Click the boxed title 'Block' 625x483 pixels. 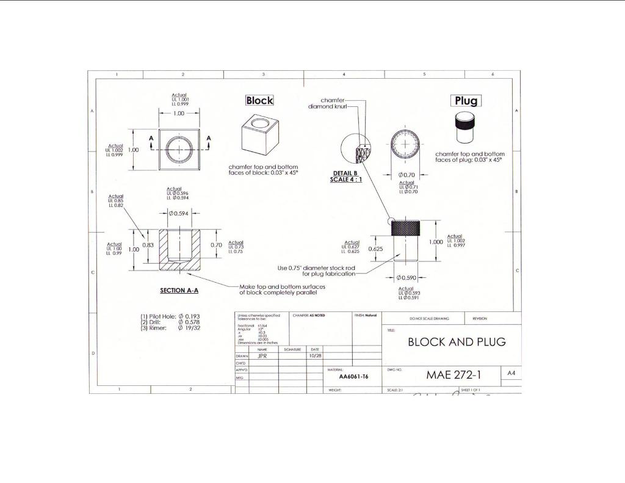tap(259, 101)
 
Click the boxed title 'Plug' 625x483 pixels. tap(466, 101)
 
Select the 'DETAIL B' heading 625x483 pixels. tap(345, 173)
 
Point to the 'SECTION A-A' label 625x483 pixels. tap(179, 291)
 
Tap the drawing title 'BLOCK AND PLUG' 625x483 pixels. tap(457, 342)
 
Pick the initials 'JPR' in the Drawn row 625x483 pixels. tap(263, 355)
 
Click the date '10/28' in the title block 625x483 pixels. tap(315, 355)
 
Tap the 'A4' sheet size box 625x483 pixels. tap(511, 372)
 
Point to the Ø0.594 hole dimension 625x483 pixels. tap(179, 213)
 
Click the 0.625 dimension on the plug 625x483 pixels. tap(376, 249)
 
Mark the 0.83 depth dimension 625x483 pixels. tap(147, 245)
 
